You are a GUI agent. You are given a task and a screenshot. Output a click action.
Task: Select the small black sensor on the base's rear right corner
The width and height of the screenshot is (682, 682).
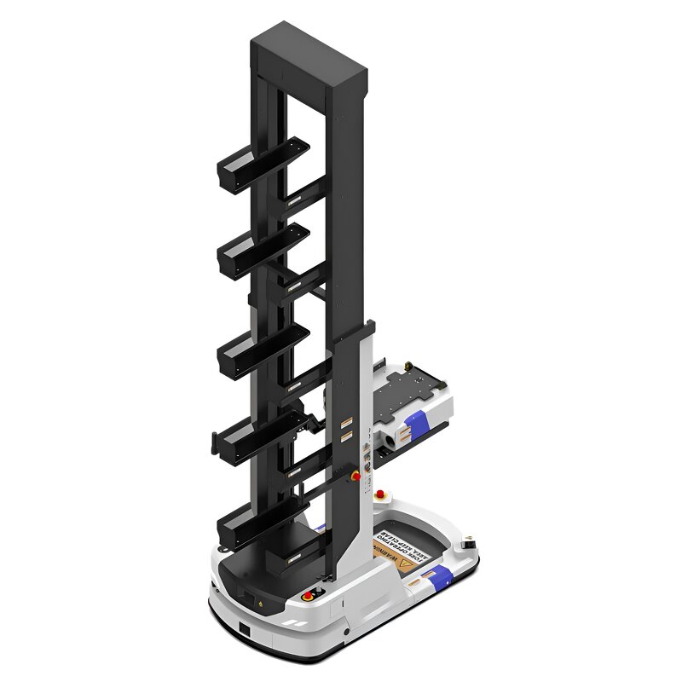point(468,543)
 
